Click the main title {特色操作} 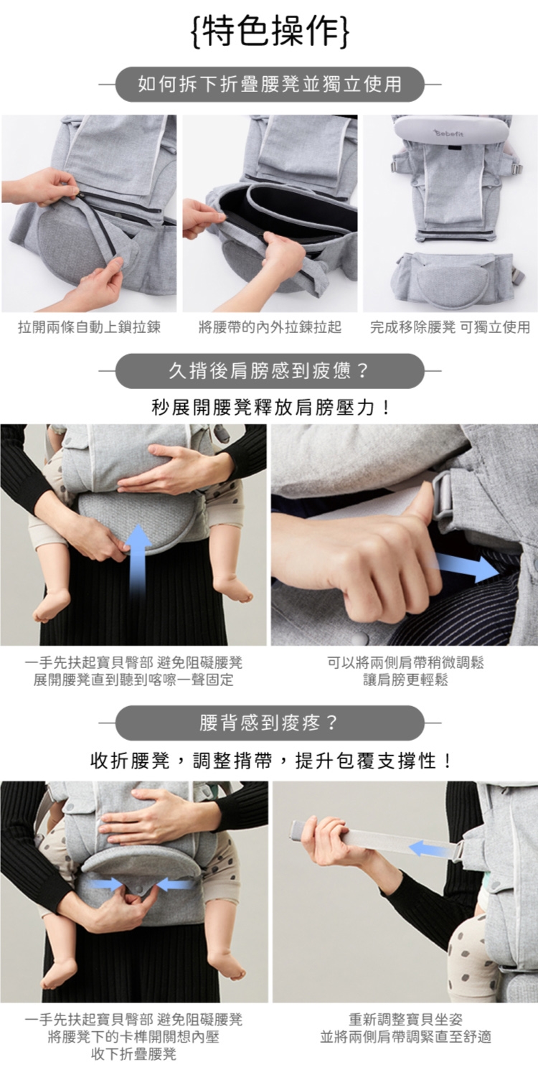270,32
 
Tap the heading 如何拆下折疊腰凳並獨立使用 270,85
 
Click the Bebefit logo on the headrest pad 449,133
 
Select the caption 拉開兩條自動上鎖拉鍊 89,327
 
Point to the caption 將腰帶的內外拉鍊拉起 270,327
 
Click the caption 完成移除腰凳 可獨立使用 450,327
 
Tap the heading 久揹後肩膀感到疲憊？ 269,371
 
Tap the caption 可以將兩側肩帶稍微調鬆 405,663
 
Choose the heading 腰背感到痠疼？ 269,723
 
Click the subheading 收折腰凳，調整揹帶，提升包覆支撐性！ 271,761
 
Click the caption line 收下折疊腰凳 134,1054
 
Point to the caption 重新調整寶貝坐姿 405,1020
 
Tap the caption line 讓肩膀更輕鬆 405,680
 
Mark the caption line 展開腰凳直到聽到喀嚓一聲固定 134,680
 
